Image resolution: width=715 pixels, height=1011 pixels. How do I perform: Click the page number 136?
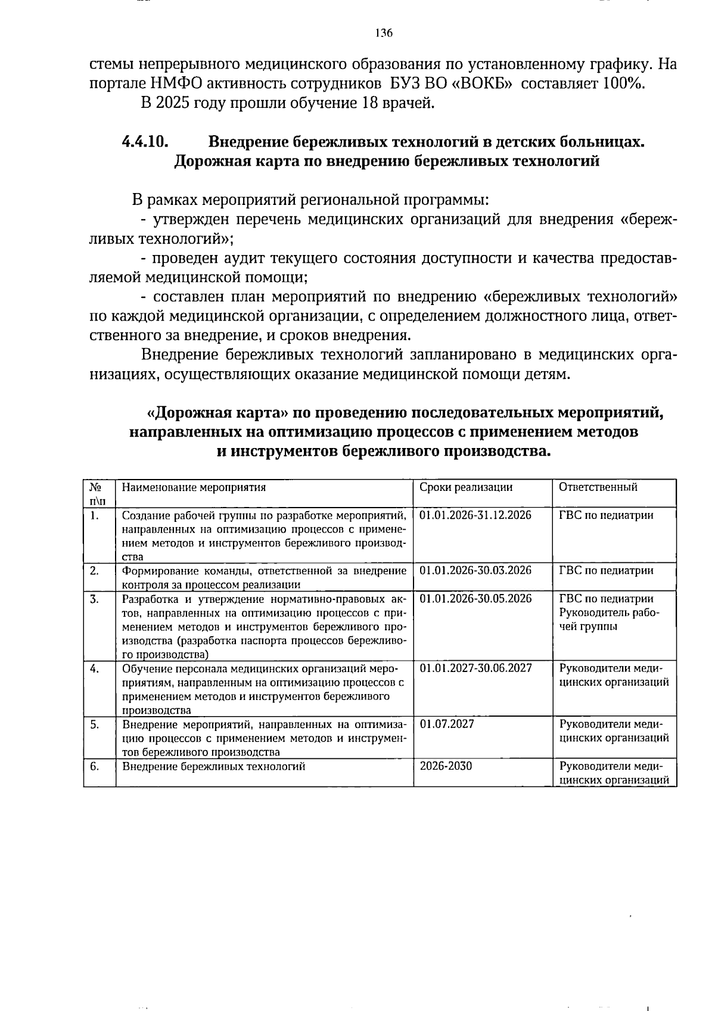coord(384,33)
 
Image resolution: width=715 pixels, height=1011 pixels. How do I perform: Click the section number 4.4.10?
coord(145,142)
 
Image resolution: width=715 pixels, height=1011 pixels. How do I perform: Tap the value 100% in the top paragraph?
coord(623,83)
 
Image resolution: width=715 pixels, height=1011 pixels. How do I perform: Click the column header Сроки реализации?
coord(466,487)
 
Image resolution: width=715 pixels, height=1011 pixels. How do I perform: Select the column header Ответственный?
coord(598,487)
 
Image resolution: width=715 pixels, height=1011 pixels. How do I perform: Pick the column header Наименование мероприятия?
coord(194,487)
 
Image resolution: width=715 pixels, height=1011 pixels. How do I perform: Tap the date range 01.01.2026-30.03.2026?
coord(475,571)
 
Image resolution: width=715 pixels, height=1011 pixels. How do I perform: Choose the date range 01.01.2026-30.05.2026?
coord(475,599)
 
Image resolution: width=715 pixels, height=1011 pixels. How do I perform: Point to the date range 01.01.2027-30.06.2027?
coord(475,668)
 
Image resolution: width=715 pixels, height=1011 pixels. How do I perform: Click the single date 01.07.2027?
coord(447,724)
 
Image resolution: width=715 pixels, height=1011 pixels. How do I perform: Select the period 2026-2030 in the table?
coord(446,766)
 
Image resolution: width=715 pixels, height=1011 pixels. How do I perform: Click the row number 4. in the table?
coord(95,668)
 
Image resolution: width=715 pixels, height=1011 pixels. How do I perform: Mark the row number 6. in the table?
coord(95,766)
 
